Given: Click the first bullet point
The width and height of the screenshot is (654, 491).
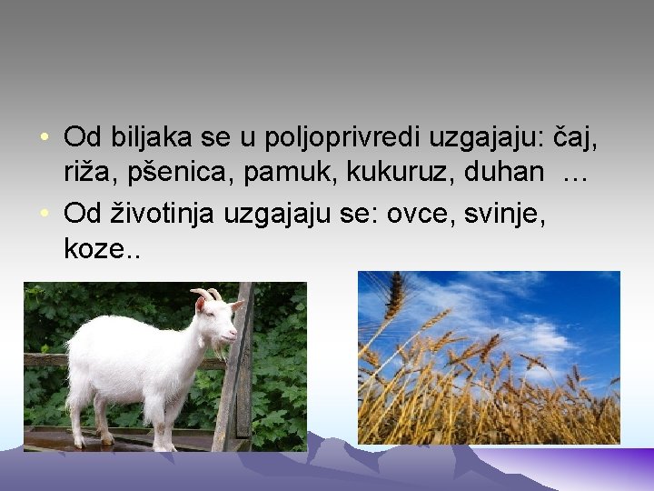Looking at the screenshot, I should [45, 139].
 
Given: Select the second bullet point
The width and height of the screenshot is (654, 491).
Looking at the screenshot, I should [45, 214].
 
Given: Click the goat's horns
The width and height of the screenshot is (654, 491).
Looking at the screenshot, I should [207, 294].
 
